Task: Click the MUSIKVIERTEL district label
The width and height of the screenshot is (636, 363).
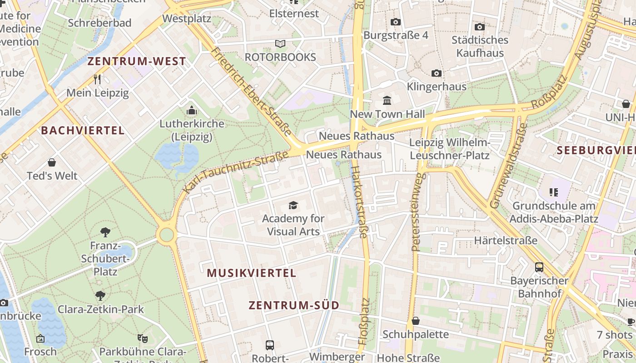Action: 251,273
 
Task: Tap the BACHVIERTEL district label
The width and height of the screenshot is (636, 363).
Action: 83,131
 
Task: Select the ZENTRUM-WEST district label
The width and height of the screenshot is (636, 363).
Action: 137,62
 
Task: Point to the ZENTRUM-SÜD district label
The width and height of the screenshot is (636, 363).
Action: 294,305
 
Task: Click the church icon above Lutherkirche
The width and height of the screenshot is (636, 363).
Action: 192,111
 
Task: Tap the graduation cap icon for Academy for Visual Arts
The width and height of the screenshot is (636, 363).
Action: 293,206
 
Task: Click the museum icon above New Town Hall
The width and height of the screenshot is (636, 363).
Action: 387,100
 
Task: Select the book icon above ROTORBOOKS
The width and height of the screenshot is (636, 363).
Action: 280,44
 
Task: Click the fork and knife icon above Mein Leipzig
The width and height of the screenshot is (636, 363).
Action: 97,79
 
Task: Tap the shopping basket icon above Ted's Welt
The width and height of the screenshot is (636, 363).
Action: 52,162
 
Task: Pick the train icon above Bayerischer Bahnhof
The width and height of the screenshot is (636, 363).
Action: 539,267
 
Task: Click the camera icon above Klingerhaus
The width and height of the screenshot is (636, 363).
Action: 436,73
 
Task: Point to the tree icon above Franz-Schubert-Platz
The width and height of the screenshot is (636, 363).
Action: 105,232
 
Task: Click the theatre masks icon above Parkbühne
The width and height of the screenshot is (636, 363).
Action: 143,338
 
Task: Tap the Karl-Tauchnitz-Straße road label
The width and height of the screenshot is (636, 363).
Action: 236,172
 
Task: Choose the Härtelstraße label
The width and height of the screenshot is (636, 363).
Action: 506,240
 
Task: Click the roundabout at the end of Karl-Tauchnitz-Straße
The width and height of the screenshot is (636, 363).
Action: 167,235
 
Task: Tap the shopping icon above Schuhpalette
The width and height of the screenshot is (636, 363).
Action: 415,321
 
